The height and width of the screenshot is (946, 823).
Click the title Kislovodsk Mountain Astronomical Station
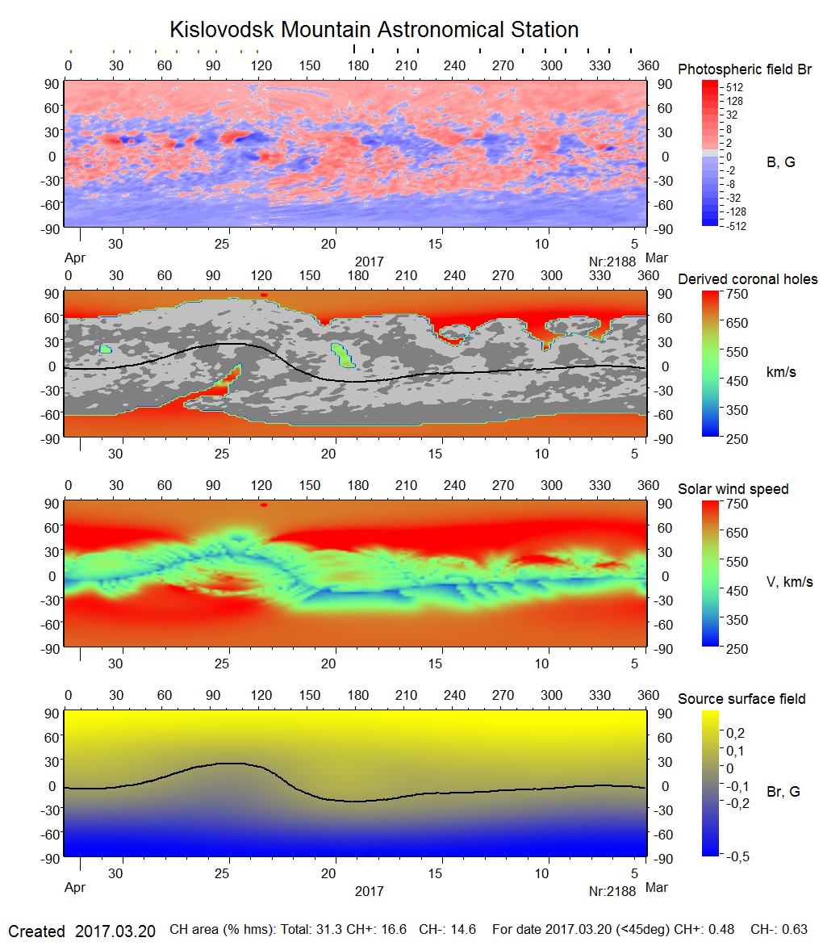pos(374,30)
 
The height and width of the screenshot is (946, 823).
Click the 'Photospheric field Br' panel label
pos(745,69)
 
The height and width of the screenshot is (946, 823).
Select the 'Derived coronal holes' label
pos(747,279)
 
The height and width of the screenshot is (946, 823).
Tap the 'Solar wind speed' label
pos(733,489)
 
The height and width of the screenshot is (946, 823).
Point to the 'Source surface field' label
pos(742,698)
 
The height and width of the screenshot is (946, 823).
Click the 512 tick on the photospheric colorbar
pos(735,86)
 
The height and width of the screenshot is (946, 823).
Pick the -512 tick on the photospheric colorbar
pos(735,226)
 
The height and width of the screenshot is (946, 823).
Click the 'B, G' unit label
pos(780,162)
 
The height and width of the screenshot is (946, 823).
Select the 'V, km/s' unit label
pos(789,582)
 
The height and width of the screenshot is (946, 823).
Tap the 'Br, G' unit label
pos(783,792)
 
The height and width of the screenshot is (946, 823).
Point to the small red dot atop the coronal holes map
pos(263,295)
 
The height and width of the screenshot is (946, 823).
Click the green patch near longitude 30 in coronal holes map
pos(105,350)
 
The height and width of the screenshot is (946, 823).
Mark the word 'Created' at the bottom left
pos(36,931)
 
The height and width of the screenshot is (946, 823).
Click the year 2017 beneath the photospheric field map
pos(369,262)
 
